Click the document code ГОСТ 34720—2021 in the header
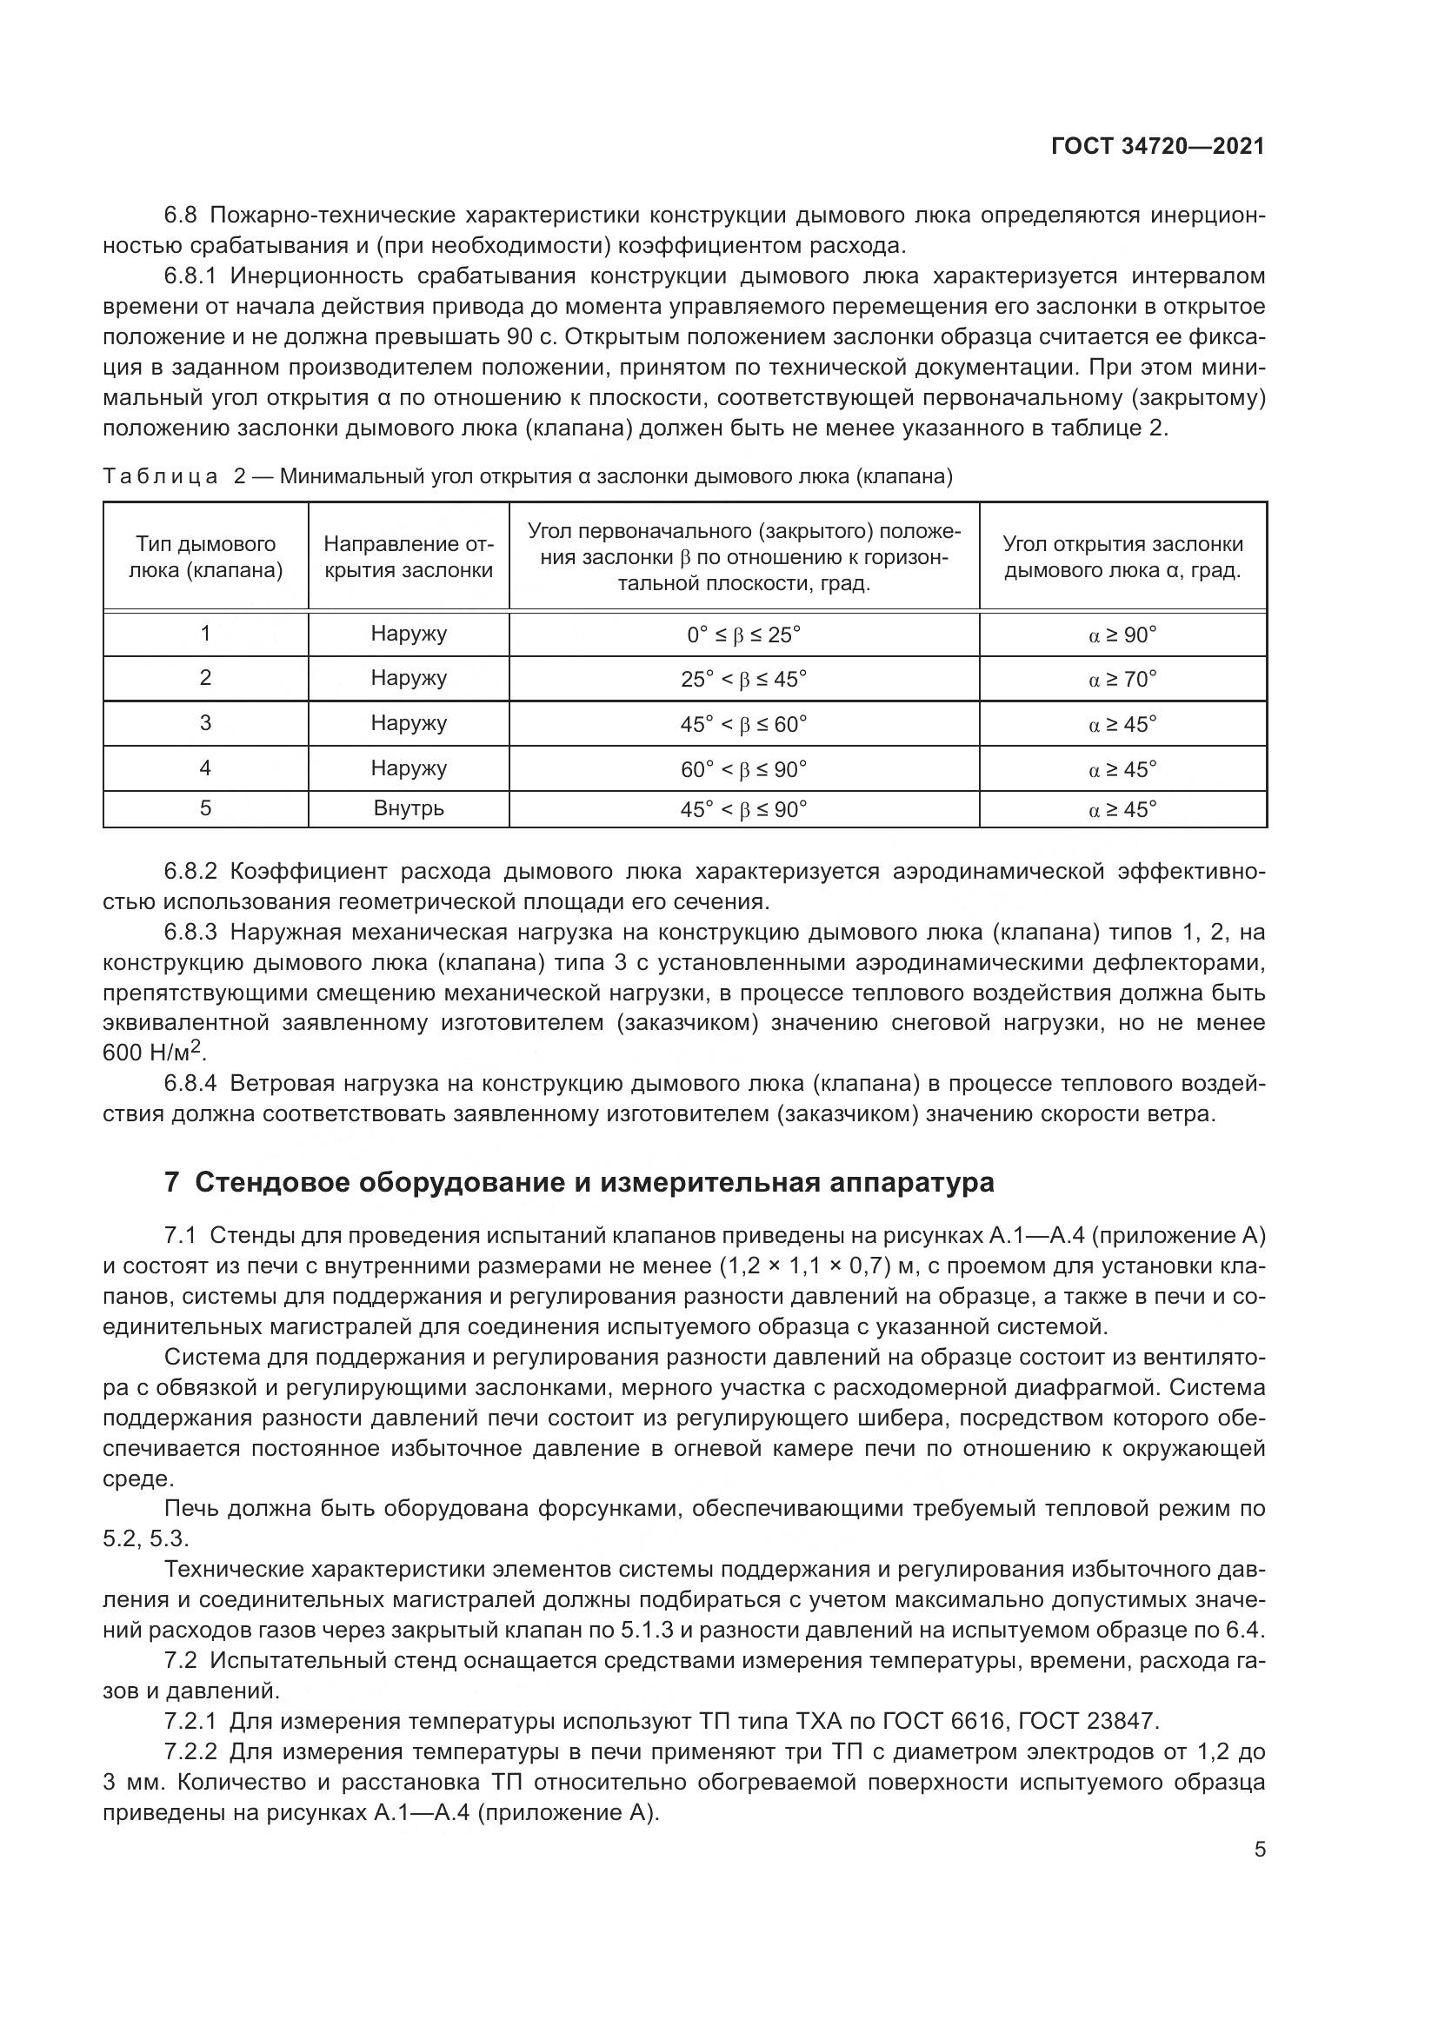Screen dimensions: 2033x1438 tap(1157, 146)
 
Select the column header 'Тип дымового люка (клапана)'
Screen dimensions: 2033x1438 tap(205, 557)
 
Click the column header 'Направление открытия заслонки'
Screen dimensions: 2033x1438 tap(409, 557)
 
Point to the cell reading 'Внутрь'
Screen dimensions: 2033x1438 tap(409, 808)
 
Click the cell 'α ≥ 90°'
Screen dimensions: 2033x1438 tap(1122, 634)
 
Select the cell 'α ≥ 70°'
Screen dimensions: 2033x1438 tap(1122, 679)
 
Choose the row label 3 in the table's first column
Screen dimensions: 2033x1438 tap(205, 722)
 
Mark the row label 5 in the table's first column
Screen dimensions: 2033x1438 tap(205, 807)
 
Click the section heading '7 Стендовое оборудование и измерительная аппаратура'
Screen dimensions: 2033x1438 tap(579, 1182)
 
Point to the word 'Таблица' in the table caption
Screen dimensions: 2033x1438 tap(160, 476)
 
